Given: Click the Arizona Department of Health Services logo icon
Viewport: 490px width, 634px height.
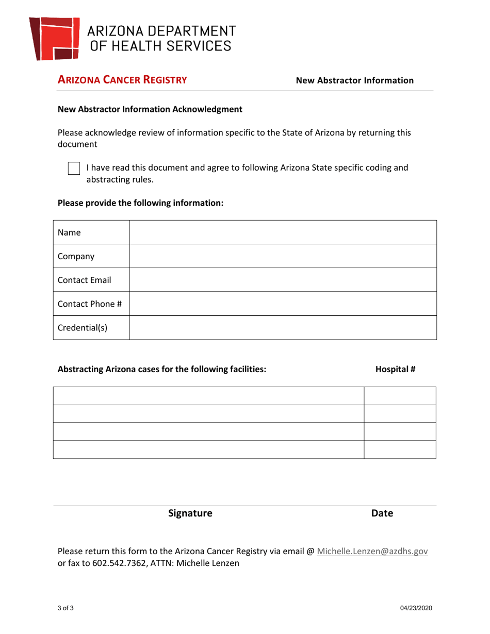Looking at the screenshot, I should pyautogui.click(x=54, y=38).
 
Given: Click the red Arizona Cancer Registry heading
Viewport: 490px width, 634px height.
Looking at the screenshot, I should pyautogui.click(x=122, y=80).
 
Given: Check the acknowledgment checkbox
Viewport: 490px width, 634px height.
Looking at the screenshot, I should pyautogui.click(x=74, y=168).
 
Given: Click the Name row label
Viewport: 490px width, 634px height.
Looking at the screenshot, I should pyautogui.click(x=70, y=232).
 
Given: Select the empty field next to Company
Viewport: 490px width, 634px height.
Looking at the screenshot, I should pyautogui.click(x=283, y=256).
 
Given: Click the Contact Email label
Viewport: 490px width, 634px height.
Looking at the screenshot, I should pyautogui.click(x=85, y=280).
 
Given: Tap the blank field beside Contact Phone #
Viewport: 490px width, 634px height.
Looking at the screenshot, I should pyautogui.click(x=283, y=304).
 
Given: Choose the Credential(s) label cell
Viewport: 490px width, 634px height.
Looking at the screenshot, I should pyautogui.click(x=83, y=328).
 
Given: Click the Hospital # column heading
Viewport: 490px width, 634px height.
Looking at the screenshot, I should pyautogui.click(x=395, y=369).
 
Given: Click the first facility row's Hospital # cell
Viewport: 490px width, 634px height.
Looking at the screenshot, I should pyautogui.click(x=400, y=396).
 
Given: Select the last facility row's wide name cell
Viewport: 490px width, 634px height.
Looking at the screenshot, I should pyautogui.click(x=208, y=449).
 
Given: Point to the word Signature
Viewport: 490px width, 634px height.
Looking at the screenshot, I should pyautogui.click(x=190, y=513).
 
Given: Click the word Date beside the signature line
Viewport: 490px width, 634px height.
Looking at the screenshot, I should pyautogui.click(x=382, y=513).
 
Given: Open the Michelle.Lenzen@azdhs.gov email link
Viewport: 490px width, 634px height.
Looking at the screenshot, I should pyautogui.click(x=372, y=551).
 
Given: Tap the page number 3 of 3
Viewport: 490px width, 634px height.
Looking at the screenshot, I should pyautogui.click(x=66, y=608).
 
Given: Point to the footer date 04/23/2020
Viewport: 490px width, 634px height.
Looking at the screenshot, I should pyautogui.click(x=416, y=608).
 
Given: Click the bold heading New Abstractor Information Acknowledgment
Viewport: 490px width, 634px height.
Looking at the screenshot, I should pyautogui.click(x=150, y=109).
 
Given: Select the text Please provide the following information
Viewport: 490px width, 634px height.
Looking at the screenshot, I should pyautogui.click(x=140, y=203).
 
